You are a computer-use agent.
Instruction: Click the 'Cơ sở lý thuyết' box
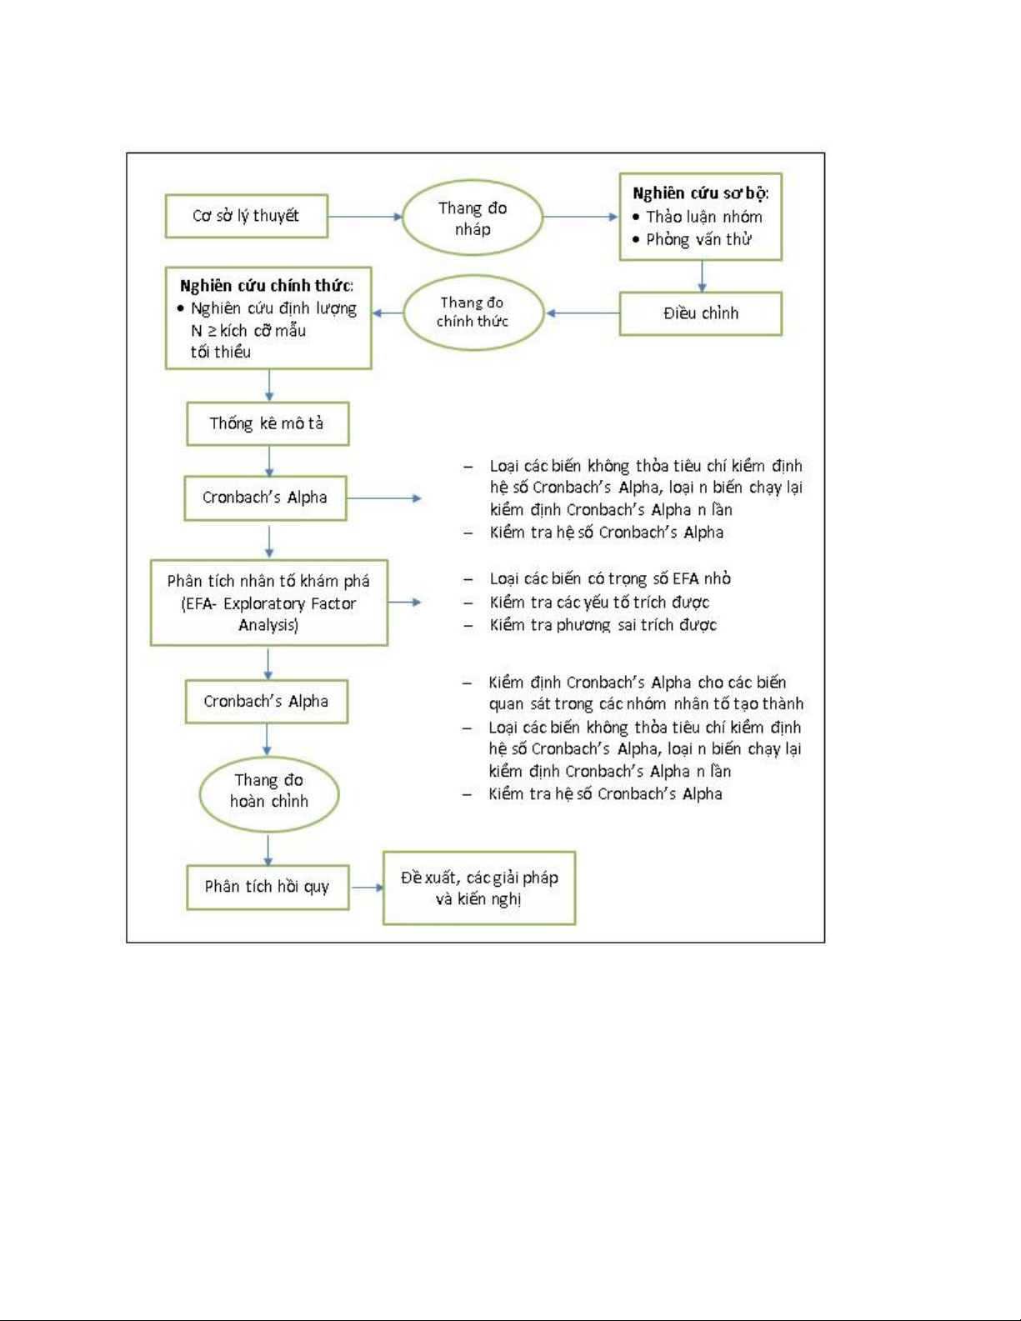(246, 216)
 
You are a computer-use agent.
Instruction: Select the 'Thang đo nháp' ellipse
(473, 218)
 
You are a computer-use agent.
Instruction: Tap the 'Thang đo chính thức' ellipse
(473, 313)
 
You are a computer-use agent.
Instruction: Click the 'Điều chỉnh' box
(700, 313)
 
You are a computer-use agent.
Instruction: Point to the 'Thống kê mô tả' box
(267, 423)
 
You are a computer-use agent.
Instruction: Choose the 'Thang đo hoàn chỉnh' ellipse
(268, 791)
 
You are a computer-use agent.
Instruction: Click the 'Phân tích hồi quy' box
(267, 887)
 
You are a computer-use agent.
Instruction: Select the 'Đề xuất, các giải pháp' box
(478, 888)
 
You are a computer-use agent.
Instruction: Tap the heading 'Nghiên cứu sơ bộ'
(699, 193)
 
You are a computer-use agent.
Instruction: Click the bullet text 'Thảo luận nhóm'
(703, 217)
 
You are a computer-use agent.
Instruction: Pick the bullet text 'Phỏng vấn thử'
(698, 240)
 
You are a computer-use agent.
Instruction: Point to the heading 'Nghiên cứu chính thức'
(266, 286)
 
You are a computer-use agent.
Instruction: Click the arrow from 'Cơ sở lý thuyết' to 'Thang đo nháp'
(365, 217)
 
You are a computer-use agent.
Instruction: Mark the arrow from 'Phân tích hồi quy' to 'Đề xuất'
(366, 887)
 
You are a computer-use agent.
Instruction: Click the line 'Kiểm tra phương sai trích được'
(603, 625)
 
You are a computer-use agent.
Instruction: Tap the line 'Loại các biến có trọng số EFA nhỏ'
(609, 578)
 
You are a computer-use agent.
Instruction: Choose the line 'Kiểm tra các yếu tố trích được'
(599, 602)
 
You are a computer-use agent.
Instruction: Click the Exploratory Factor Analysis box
(268, 603)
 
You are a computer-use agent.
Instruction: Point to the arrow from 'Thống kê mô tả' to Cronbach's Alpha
(268, 461)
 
